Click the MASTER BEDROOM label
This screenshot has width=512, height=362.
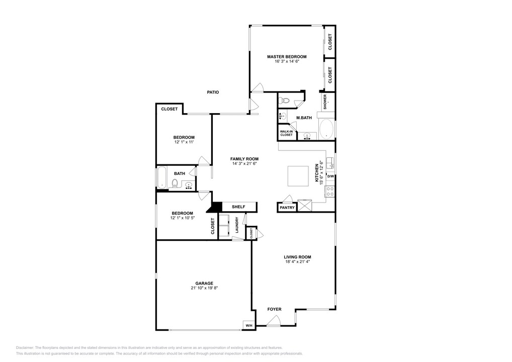286,57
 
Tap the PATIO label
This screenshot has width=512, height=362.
213,92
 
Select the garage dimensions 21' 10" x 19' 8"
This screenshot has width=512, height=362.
204,288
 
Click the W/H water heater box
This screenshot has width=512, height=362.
249,326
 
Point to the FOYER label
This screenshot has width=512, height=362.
274,309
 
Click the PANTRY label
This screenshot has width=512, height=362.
287,207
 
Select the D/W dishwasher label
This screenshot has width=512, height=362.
330,176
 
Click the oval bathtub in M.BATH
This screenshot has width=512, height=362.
326,129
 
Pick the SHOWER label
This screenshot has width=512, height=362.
325,101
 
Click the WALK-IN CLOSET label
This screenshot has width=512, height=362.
286,133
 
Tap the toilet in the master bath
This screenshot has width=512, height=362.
285,100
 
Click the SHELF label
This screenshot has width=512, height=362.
238,207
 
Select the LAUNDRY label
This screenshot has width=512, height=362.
237,225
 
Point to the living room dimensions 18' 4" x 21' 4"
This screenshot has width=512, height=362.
297,261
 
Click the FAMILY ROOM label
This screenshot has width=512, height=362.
244,159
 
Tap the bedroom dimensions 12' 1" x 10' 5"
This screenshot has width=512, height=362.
182,218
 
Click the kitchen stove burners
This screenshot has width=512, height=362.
330,192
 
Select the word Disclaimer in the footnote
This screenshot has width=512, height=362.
25,348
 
